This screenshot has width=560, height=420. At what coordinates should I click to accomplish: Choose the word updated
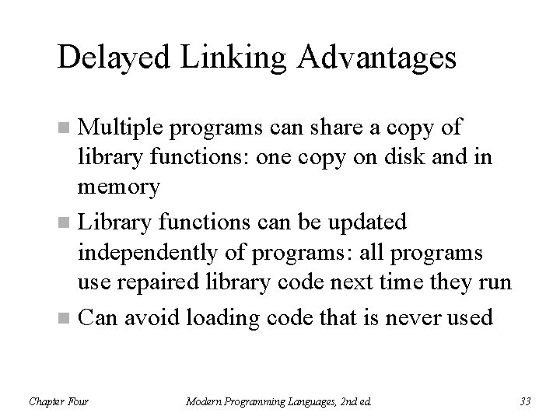point(368,223)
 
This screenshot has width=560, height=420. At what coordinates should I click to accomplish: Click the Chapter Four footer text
point(59,401)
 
